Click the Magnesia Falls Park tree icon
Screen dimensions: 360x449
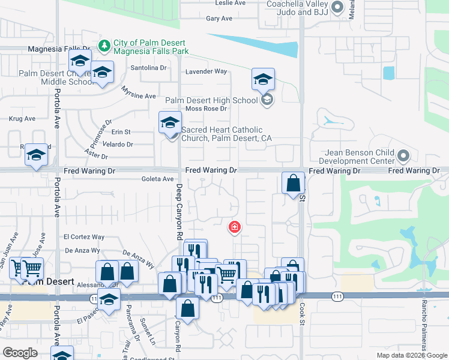(104, 45)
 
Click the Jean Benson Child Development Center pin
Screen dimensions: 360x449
(403, 157)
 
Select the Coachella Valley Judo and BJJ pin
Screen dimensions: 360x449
(337, 8)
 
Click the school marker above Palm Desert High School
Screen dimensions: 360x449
(262, 80)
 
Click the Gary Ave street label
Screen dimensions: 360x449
(219, 19)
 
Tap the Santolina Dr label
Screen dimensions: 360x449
(148, 68)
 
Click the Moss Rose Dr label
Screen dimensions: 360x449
(206, 109)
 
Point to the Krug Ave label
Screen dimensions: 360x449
(22, 119)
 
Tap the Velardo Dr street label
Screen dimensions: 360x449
(118, 144)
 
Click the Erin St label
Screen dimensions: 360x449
(121, 131)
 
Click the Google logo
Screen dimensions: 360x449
(20, 353)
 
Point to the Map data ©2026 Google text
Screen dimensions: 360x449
(411, 355)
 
